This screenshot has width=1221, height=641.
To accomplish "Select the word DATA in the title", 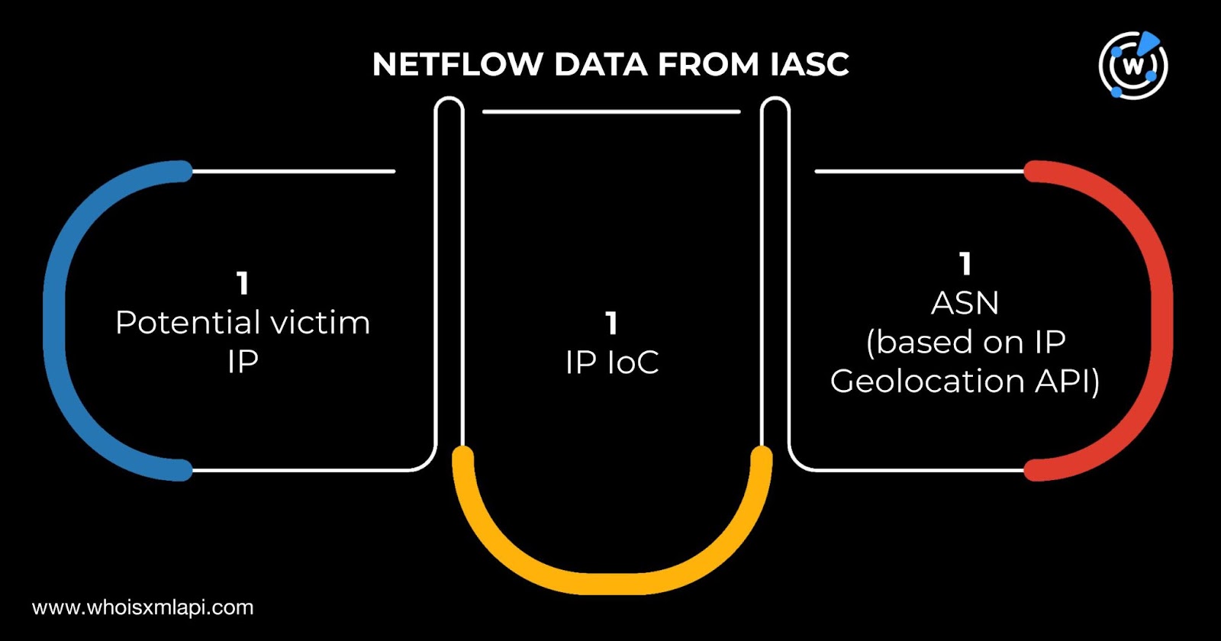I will click(x=601, y=65).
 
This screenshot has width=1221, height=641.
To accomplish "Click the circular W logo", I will click(x=1133, y=65).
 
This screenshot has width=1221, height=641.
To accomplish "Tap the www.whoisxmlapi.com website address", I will click(x=143, y=607).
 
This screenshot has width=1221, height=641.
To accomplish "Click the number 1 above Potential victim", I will click(x=243, y=284).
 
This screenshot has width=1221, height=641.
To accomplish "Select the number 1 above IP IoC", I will click(x=611, y=324).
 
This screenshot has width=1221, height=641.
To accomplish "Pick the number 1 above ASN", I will click(x=965, y=264).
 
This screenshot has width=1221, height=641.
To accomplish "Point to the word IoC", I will click(x=633, y=362).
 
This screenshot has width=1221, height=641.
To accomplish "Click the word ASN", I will click(x=965, y=304).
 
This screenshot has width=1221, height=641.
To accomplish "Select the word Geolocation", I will click(x=926, y=382).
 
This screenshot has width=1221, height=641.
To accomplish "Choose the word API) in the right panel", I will click(x=1068, y=382).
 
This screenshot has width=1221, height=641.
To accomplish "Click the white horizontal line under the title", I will click(x=611, y=111).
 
